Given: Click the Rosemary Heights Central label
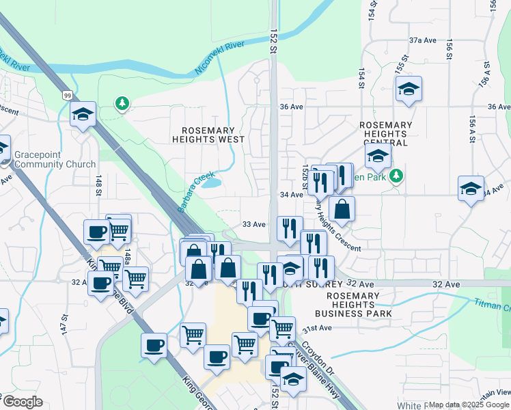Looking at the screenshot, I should point(385,134).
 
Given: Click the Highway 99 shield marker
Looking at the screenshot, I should point(68,95).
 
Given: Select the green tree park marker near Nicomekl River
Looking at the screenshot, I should point(122,103).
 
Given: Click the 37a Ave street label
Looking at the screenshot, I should point(422,40).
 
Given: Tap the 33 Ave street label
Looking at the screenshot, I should point(254,224).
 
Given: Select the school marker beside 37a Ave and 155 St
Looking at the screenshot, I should point(409,90).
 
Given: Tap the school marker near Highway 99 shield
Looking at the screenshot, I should point(83,114).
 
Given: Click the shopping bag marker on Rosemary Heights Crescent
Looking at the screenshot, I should point(342,208).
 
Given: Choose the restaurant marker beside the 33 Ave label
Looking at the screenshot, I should point(290,228).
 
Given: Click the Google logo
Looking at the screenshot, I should point(22,402).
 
